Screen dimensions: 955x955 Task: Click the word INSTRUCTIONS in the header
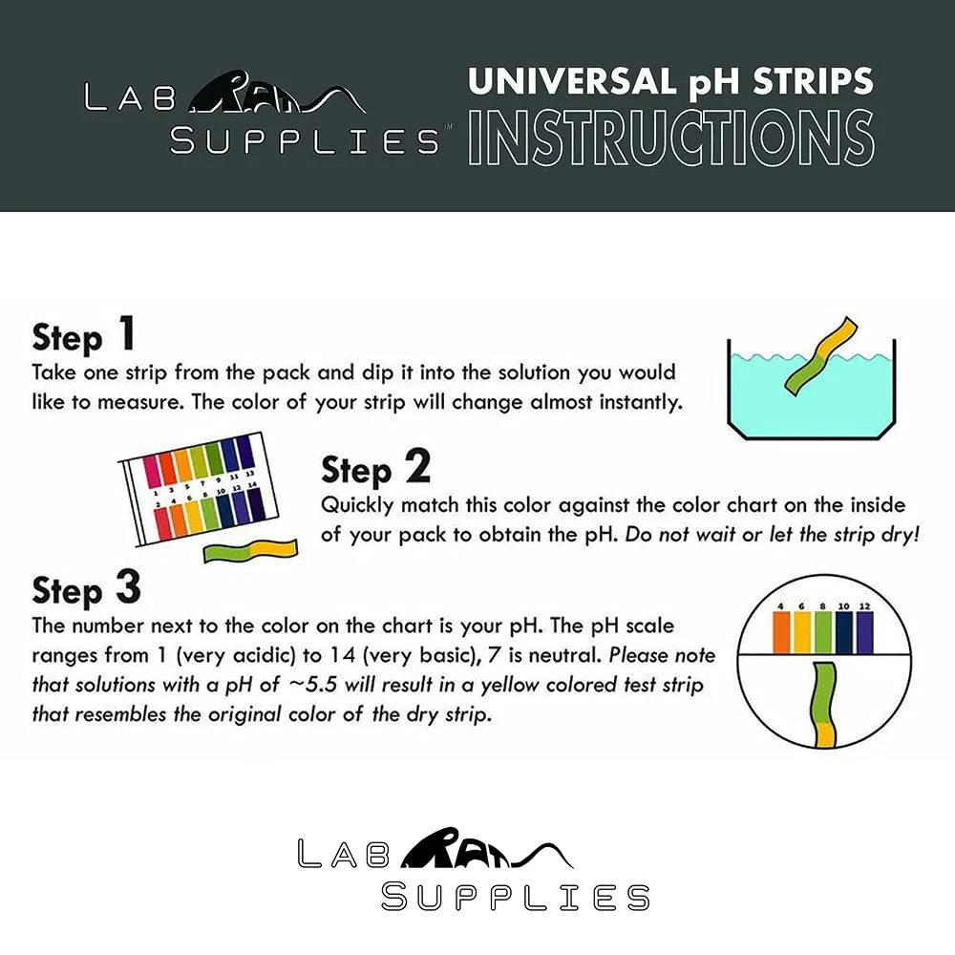[670, 139]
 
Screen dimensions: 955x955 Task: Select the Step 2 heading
[374, 469]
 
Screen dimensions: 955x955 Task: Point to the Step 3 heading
[86, 588]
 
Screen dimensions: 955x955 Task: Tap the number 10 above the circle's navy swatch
[843, 605]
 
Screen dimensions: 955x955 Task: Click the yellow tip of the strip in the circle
[825, 733]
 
